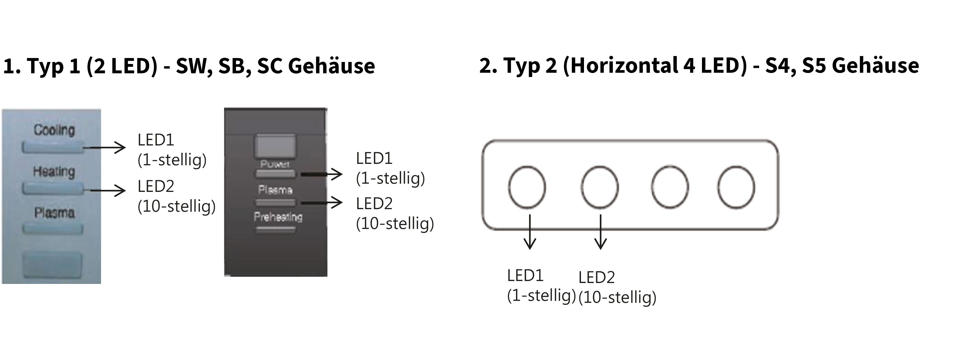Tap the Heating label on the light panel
click(x=54, y=172)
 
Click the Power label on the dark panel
click(x=275, y=164)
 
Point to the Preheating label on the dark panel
click(x=278, y=217)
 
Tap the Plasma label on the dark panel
click(x=275, y=190)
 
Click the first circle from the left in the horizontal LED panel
click(x=527, y=187)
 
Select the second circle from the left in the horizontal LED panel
click(x=600, y=187)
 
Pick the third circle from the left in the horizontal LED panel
click(x=670, y=187)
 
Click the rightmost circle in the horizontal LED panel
click(x=736, y=187)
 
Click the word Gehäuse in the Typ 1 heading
click(x=331, y=66)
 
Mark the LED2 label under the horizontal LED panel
click(x=596, y=277)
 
